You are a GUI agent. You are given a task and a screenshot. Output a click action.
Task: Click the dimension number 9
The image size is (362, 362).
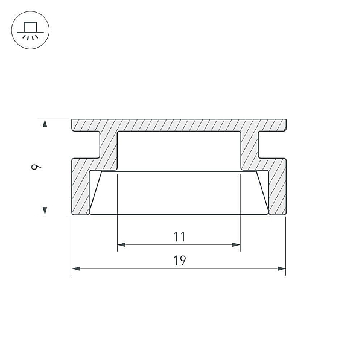tap(36, 167)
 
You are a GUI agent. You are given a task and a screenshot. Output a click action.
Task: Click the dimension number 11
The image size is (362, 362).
tap(179, 237)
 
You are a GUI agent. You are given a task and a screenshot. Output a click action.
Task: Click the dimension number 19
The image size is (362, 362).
tap(179, 261)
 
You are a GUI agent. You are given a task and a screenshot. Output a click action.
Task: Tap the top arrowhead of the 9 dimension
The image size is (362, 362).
tap(45, 123)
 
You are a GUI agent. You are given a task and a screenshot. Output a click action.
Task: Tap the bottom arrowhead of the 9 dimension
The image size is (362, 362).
tap(45, 211)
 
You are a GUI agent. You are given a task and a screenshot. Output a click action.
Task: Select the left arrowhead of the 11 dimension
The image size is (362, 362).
tap(121, 245)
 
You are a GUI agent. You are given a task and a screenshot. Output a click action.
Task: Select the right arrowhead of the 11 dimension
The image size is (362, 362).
tap(237, 245)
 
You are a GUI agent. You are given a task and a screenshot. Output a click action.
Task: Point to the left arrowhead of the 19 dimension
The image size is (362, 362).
tap(76, 268)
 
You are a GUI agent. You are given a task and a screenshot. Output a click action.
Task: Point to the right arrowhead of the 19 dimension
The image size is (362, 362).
tap(282, 268)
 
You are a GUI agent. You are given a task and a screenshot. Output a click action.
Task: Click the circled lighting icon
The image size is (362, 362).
tap(30, 30)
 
